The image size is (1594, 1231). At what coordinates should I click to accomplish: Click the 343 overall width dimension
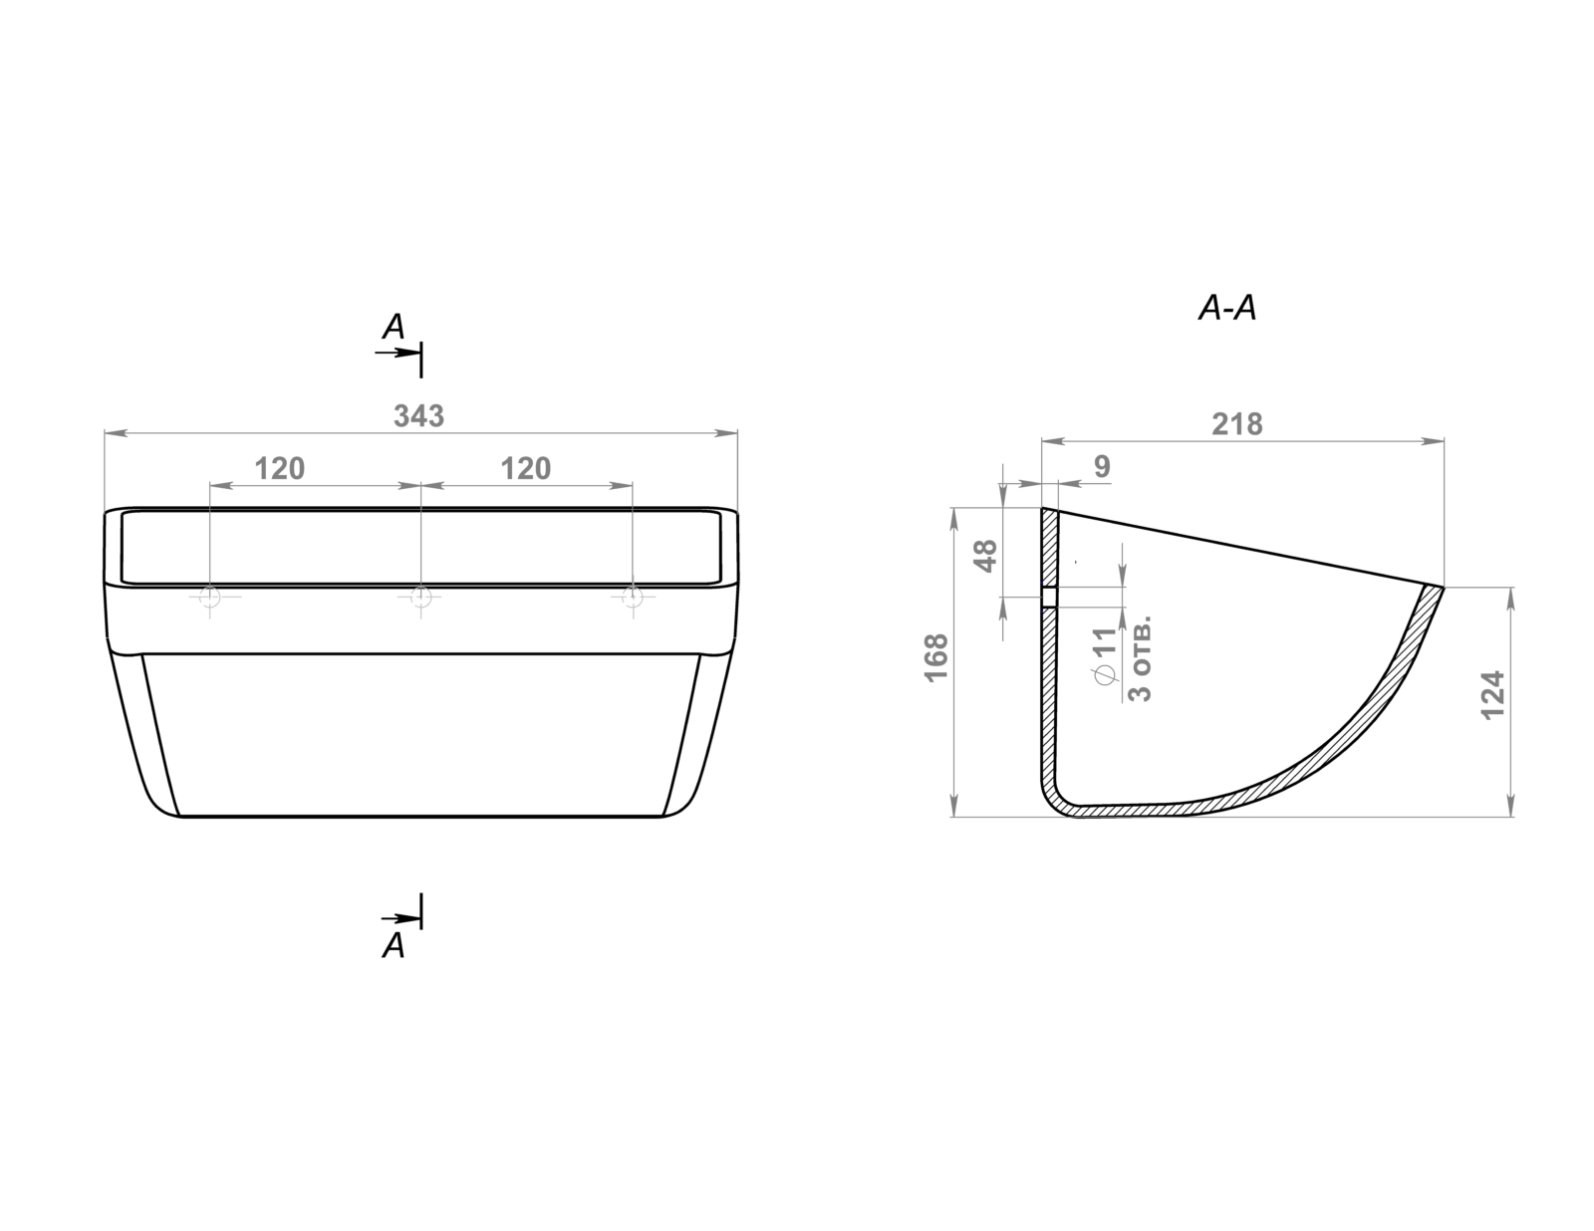[418, 416]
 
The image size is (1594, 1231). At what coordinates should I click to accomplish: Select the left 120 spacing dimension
[280, 468]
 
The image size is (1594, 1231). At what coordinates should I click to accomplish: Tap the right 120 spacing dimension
[525, 468]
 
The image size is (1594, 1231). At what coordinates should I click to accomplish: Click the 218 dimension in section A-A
[1236, 423]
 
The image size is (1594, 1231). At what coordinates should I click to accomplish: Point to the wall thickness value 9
[1102, 466]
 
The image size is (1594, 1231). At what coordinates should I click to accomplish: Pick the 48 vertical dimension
[986, 556]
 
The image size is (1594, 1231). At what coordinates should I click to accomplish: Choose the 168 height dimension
[936, 658]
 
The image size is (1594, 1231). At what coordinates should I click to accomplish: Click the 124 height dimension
[1493, 695]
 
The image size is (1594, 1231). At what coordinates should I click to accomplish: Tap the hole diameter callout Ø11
[1104, 656]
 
